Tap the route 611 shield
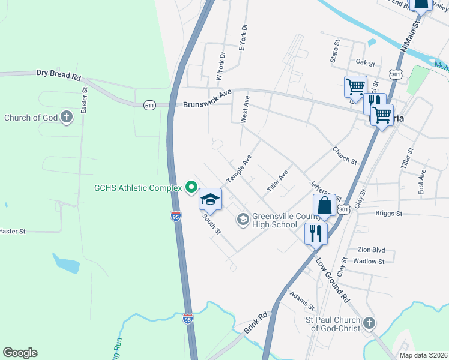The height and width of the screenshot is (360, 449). pos(150,106)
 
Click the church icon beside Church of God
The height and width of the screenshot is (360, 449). pos(67,118)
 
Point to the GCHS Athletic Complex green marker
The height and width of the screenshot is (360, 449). pos(191,188)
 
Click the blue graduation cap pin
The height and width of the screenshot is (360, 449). pos(210,199)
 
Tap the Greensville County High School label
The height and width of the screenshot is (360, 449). pos(274,221)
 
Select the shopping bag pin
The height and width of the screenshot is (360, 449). pos(324,205)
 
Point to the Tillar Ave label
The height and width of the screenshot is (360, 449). pos(278,181)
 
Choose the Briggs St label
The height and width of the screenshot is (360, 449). pos(388,213)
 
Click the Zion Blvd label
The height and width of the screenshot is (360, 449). pos(370,250)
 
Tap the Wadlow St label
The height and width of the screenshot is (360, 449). pos(369,261)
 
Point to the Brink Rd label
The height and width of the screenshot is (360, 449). pos(255,323)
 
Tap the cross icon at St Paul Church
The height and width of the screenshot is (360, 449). pos(369,324)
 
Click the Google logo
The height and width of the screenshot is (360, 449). pos(20,353)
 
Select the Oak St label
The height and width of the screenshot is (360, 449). pos(365,62)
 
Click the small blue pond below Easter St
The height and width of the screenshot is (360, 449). pos(65,262)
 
